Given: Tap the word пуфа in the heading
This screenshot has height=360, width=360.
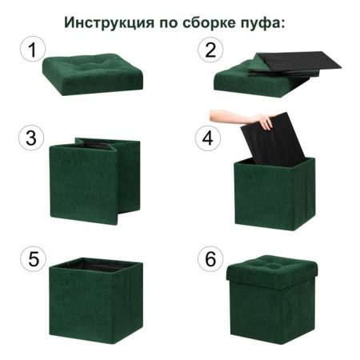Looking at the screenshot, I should pyautogui.click(x=263, y=22).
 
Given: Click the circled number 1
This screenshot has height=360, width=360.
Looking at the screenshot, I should pyautogui.click(x=30, y=51).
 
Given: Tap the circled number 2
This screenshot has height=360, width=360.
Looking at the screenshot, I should pyautogui.click(x=210, y=51).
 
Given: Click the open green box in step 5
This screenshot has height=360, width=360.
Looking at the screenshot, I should pyautogui.click(x=96, y=304).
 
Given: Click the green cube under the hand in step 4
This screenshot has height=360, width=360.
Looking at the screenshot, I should pyautogui.click(x=272, y=196).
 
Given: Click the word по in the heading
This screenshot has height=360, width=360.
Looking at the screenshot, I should pyautogui.click(x=166, y=22).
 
